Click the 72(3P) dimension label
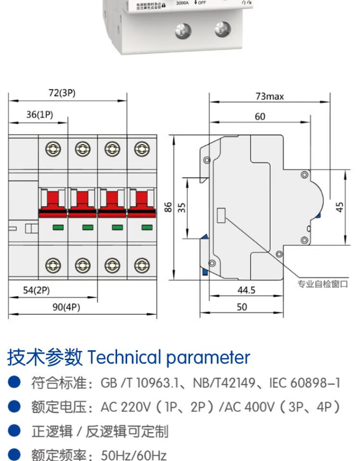click(x=61, y=93)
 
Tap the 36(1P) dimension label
click(x=39, y=114)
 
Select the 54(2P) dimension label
click(x=36, y=291)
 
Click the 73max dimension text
click(x=269, y=97)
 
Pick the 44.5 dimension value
click(x=246, y=290)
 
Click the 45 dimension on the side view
click(x=340, y=207)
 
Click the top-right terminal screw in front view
click(x=141, y=148)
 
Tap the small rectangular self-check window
click(x=222, y=216)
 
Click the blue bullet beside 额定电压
click(x=15, y=407)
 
